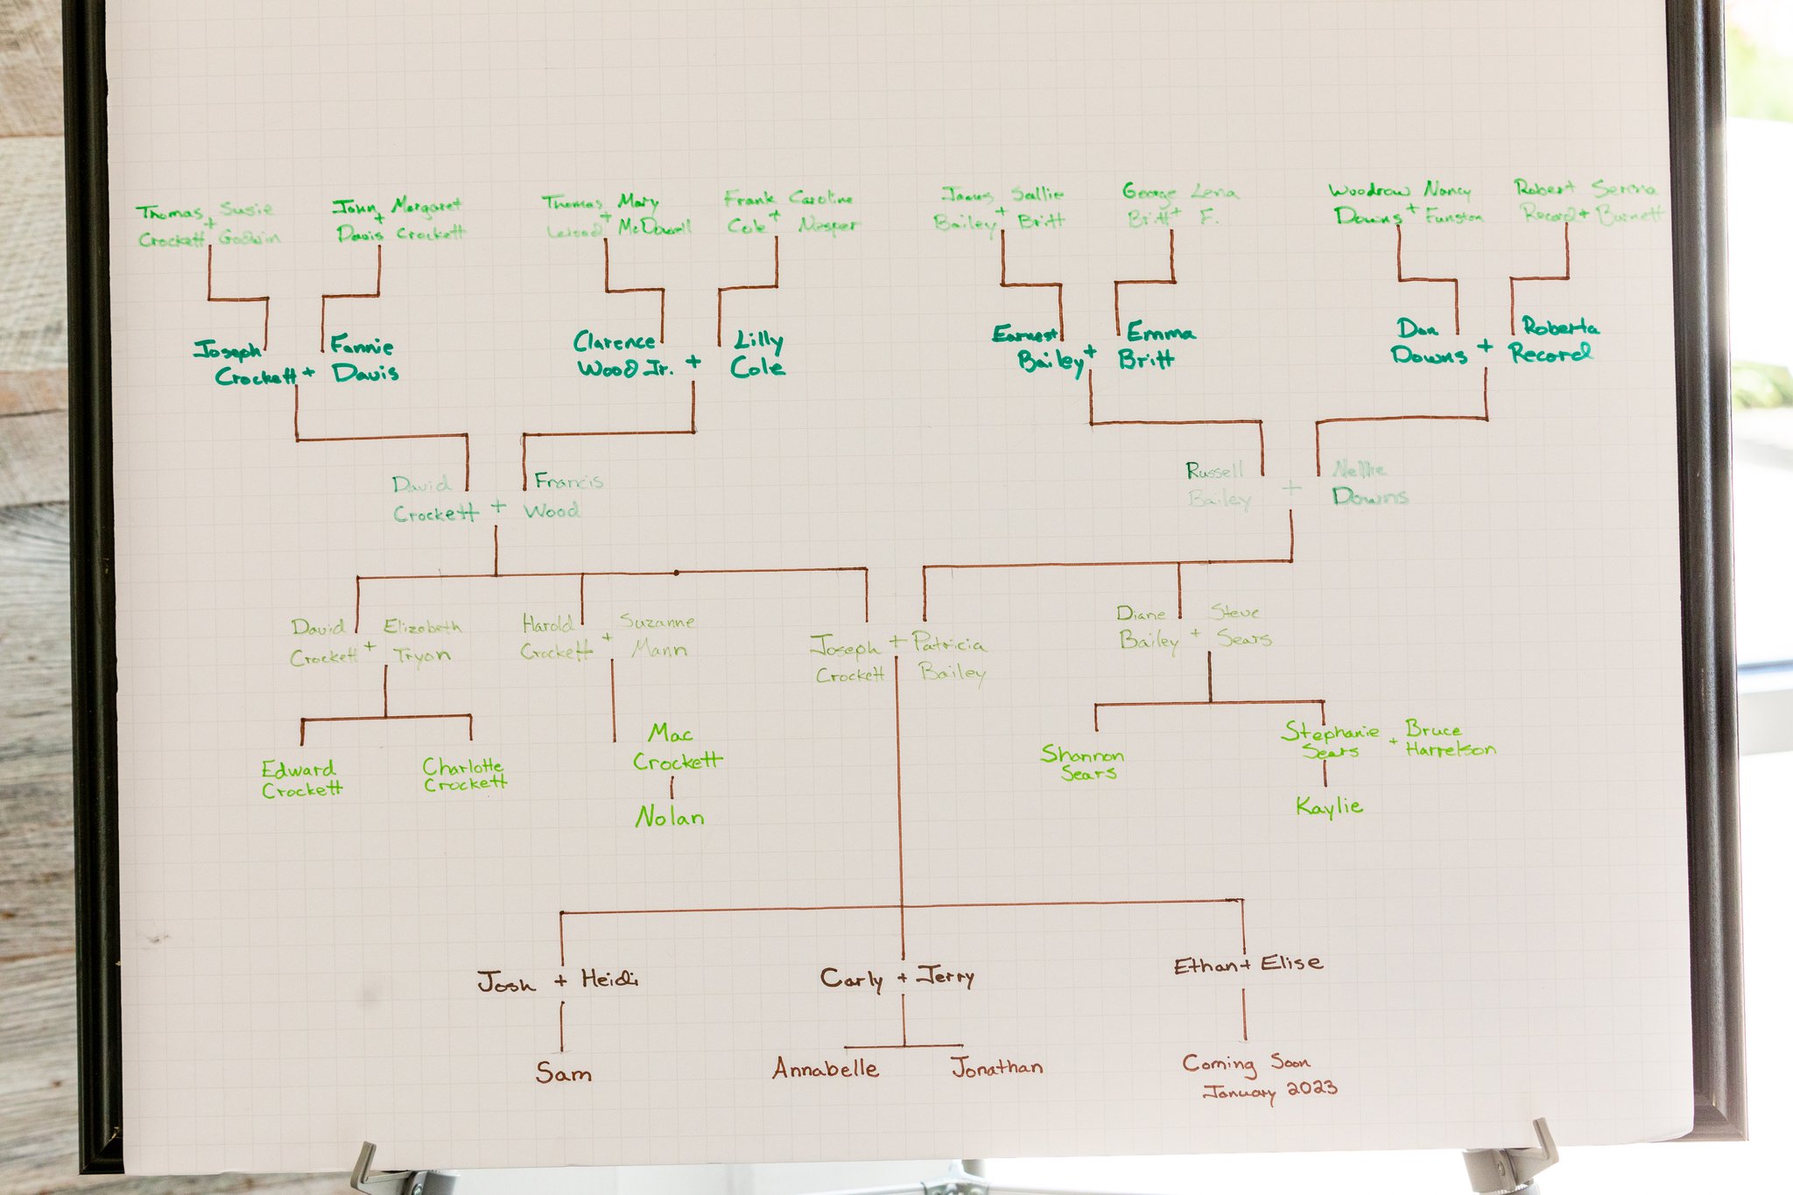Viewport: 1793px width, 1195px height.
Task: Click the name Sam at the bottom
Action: coord(564,1072)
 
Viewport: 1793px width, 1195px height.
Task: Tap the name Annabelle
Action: coord(826,1068)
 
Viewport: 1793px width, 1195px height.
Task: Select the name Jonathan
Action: coord(996,1067)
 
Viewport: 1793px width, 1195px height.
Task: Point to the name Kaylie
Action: coord(1329,806)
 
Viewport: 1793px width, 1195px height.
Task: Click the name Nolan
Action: coord(670,818)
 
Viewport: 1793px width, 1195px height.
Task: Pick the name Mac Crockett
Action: coord(677,748)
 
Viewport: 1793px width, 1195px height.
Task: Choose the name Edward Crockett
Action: coord(302,779)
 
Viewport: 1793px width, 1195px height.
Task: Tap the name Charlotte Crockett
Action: coord(465,775)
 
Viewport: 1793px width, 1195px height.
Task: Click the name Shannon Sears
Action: coord(1084,763)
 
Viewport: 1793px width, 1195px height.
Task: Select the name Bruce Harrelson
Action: coord(1449,739)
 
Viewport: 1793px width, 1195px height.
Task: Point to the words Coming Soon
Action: coord(1246,1064)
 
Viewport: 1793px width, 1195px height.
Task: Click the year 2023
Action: coord(1311,1088)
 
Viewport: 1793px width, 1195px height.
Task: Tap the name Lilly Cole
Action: coord(758,355)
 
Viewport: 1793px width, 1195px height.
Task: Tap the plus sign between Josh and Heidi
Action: coord(561,981)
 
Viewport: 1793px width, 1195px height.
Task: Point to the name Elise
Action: coord(1291,964)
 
